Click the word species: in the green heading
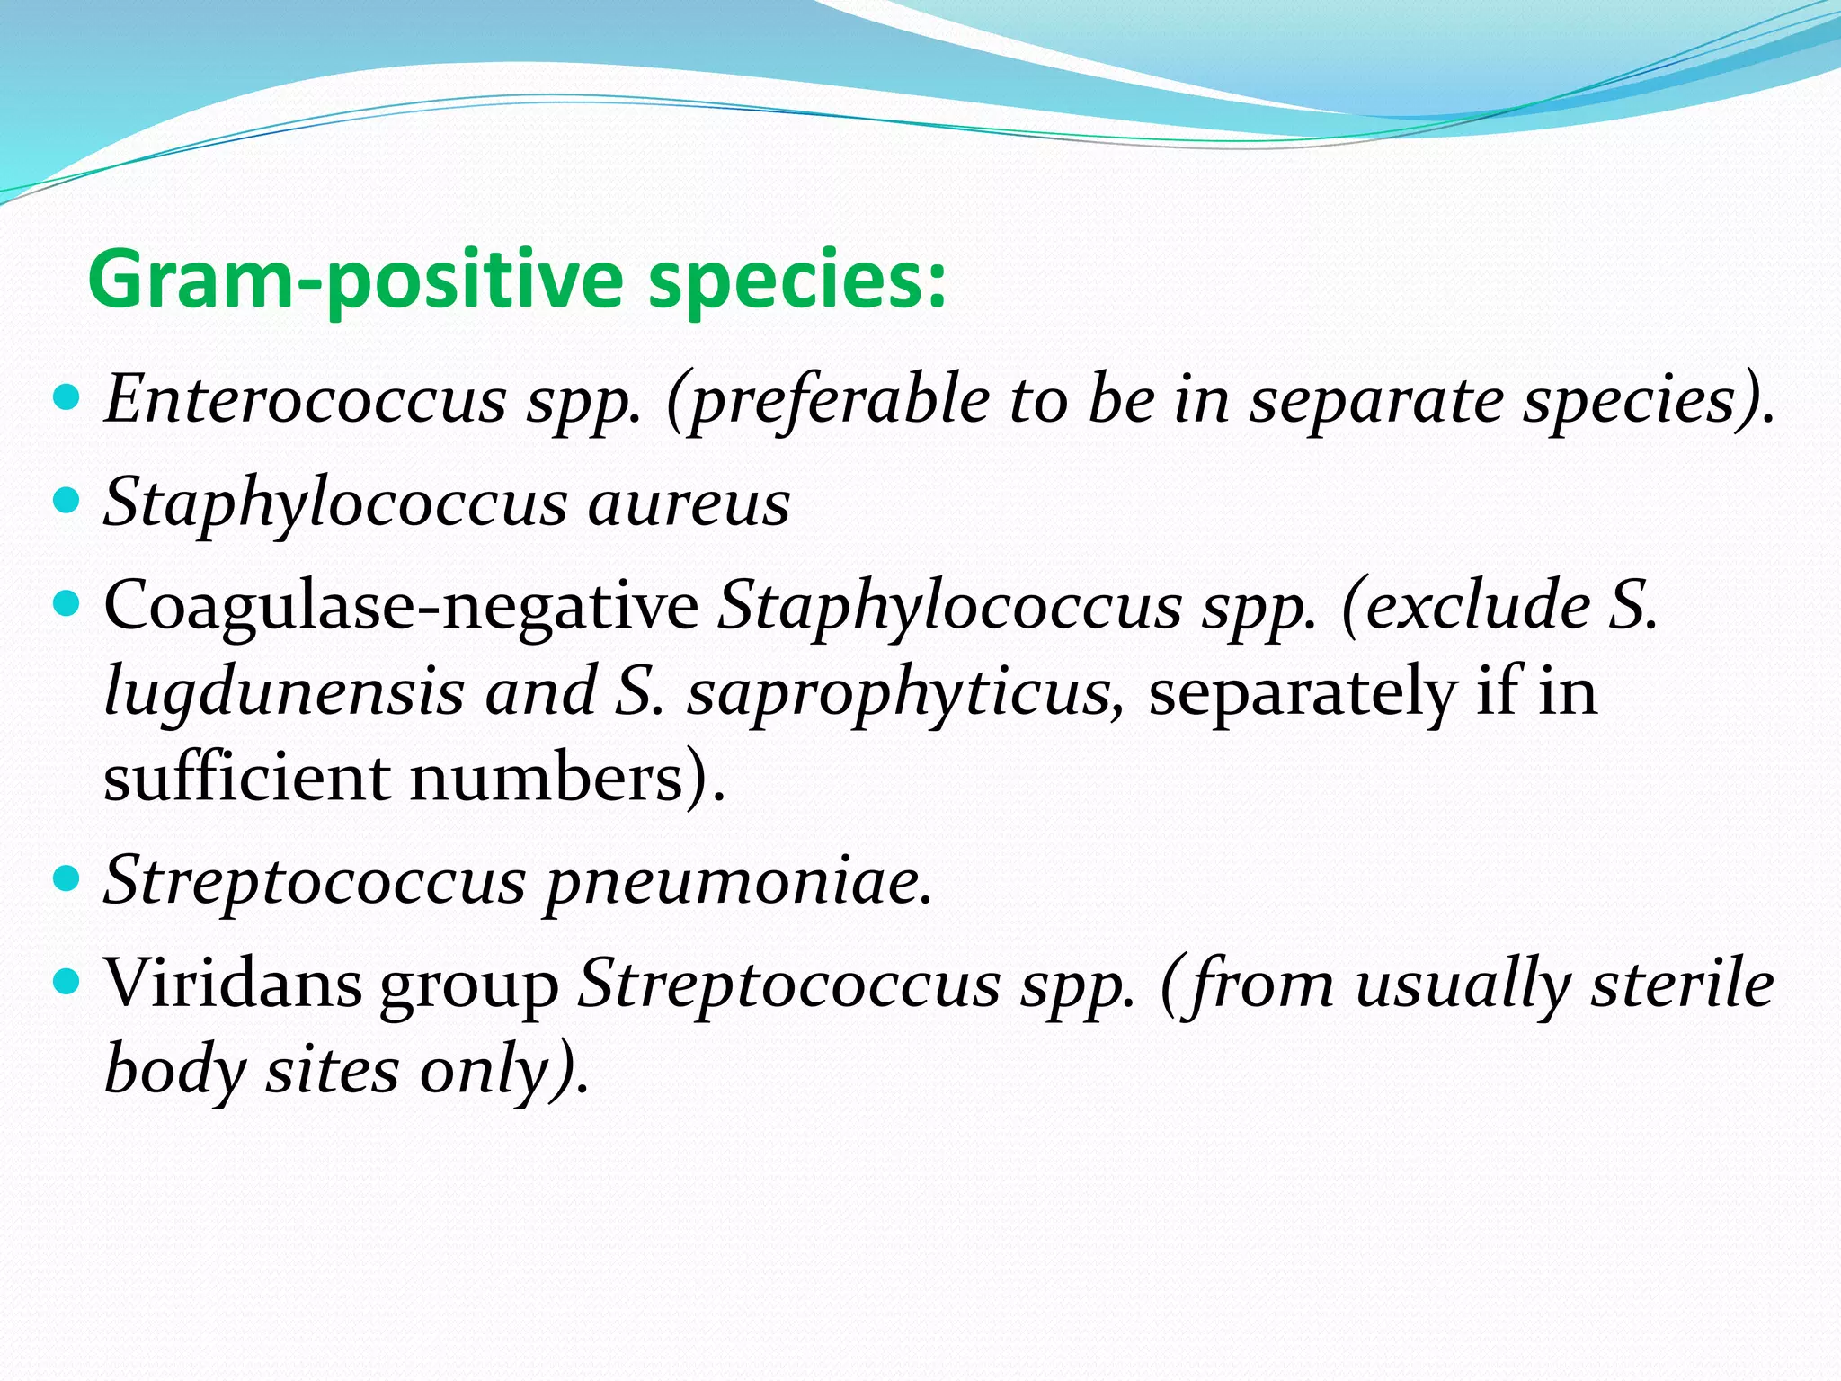pos(796,281)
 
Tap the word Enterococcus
pos(305,399)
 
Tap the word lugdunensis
pos(283,692)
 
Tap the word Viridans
pos(231,983)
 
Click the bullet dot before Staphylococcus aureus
pos(67,498)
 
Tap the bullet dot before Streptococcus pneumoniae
pos(67,877)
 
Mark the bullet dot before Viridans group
pos(67,979)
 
